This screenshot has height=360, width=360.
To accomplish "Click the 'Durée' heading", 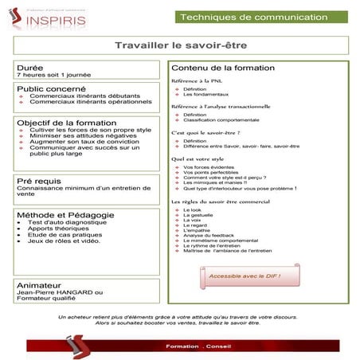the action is tap(29, 68).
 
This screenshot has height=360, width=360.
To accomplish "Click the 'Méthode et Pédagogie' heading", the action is tap(64, 215).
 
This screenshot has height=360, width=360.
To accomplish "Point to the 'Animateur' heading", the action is tap(41, 284).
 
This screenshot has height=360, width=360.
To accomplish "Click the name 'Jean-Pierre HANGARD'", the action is tap(56, 292).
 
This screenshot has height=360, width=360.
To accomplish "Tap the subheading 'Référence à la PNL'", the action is tap(202, 81).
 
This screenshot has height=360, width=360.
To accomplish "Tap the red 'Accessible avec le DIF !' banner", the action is tap(245, 277).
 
